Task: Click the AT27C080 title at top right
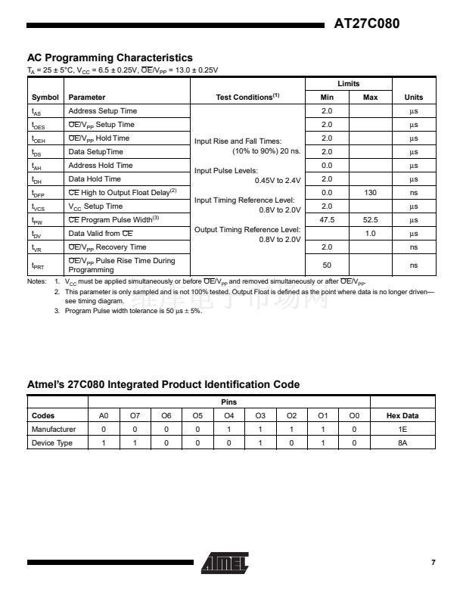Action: click(x=366, y=23)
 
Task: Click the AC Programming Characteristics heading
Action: click(x=110, y=57)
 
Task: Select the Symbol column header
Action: click(x=45, y=98)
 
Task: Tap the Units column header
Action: click(x=414, y=98)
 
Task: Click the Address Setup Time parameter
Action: click(x=103, y=111)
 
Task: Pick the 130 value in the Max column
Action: click(x=371, y=193)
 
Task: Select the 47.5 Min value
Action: click(x=328, y=220)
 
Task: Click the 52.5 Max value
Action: click(x=371, y=220)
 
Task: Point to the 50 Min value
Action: click(x=328, y=265)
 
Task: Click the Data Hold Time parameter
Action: click(x=95, y=179)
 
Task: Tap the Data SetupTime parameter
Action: click(x=96, y=152)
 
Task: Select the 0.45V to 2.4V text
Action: click(x=279, y=180)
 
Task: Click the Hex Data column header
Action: click(x=402, y=416)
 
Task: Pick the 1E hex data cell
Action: click(x=402, y=430)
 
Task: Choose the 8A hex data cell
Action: click(x=402, y=443)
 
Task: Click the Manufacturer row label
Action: click(x=54, y=430)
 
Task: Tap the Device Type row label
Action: click(x=52, y=443)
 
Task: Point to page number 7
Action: click(x=433, y=563)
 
